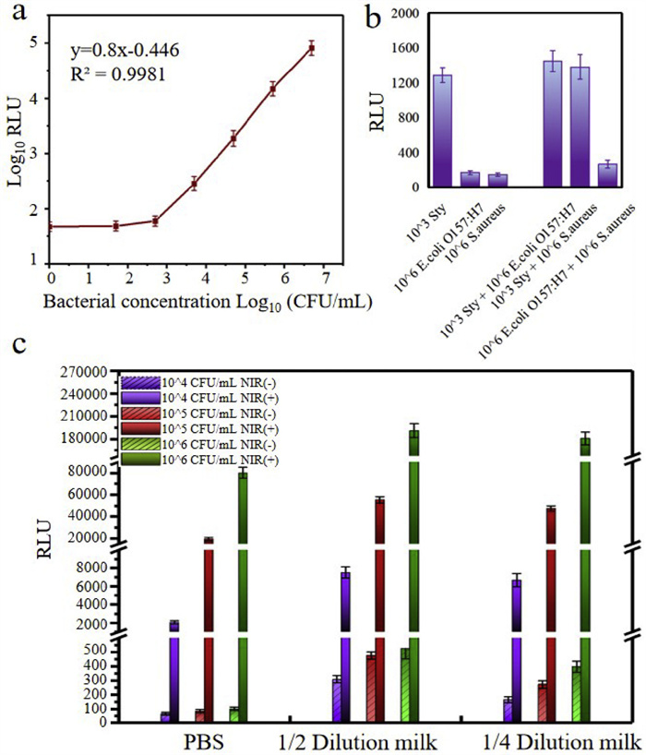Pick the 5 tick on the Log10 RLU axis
click(34, 42)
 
